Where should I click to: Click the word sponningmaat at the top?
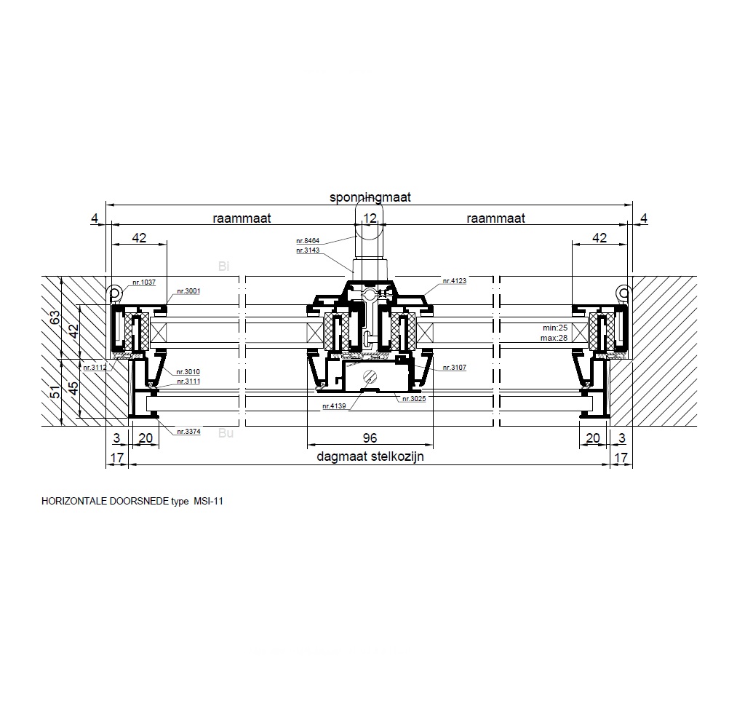click(370, 197)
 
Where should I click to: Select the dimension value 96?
click(370, 438)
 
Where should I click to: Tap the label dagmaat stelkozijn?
click(370, 456)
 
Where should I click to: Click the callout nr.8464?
click(308, 241)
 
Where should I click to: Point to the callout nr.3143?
click(308, 250)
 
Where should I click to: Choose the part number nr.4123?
click(455, 281)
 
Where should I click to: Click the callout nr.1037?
click(144, 282)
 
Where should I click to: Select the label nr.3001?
click(188, 291)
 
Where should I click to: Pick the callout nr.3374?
click(188, 432)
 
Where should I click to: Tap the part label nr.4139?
click(334, 406)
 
